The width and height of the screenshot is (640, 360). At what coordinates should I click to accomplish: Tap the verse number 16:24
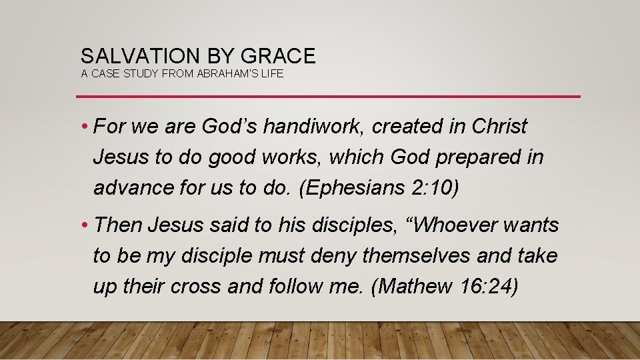pyautogui.click(x=489, y=287)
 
